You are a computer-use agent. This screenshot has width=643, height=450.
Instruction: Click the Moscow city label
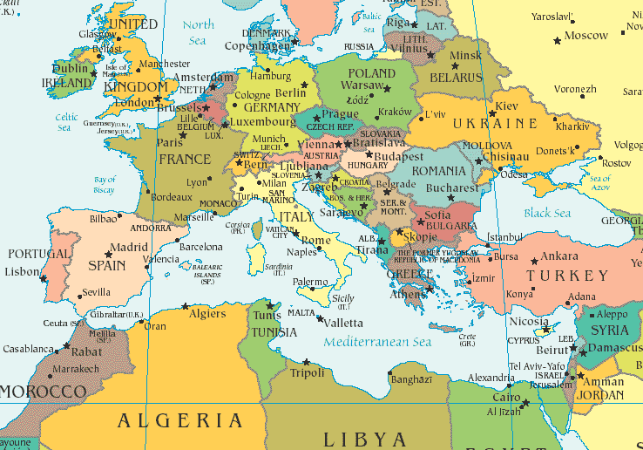(x=585, y=36)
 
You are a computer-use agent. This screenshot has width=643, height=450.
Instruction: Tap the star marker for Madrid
(x=108, y=254)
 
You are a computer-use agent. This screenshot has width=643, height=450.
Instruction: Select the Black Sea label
(x=547, y=214)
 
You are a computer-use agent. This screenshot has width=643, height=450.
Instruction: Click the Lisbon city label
(x=22, y=271)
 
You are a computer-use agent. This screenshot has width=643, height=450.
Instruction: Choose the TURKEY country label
(x=568, y=276)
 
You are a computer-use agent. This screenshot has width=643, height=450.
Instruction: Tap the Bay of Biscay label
(x=105, y=185)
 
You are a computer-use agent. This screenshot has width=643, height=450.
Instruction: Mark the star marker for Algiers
(x=185, y=306)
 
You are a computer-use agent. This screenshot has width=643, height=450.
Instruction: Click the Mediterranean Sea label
(x=377, y=342)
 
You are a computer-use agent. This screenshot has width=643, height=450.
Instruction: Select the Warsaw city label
(x=361, y=85)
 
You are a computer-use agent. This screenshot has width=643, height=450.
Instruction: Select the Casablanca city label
(x=27, y=349)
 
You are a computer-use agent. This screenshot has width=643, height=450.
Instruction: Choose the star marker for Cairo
(x=523, y=403)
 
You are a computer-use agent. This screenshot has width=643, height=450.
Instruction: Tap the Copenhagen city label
(x=256, y=45)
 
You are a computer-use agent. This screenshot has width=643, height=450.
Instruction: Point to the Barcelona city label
(x=200, y=247)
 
